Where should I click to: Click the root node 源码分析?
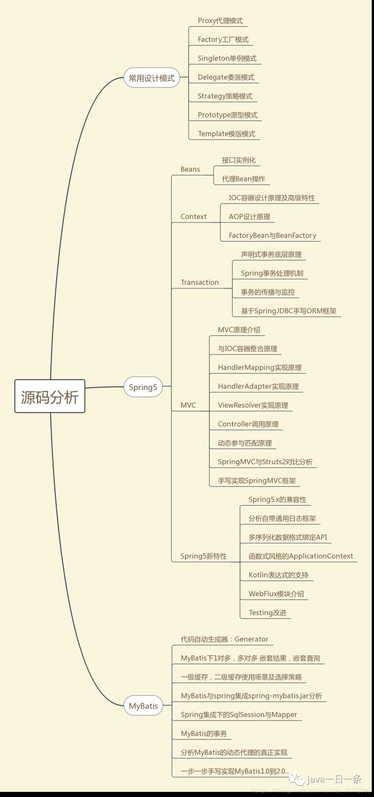(x=50, y=396)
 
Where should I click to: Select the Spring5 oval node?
(x=143, y=387)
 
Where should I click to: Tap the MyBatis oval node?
(x=143, y=706)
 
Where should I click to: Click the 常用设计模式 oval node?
(x=152, y=78)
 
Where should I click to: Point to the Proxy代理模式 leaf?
(x=220, y=21)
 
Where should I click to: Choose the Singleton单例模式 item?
(x=227, y=58)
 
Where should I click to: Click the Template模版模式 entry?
(x=226, y=134)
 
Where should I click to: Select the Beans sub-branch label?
(x=190, y=169)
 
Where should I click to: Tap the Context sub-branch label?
(x=193, y=216)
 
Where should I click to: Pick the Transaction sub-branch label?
(x=199, y=282)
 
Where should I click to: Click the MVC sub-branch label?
(x=188, y=405)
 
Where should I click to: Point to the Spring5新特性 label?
(x=203, y=556)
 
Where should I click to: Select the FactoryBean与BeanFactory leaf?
(x=272, y=236)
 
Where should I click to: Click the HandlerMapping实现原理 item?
(x=259, y=367)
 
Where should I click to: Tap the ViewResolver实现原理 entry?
(x=253, y=405)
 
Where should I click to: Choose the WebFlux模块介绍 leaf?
(x=276, y=594)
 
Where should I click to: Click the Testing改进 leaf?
(x=267, y=612)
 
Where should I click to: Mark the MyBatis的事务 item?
(x=204, y=733)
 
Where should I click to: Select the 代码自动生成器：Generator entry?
(x=224, y=639)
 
